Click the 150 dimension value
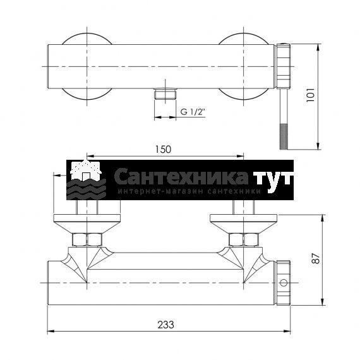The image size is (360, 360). pyautogui.click(x=163, y=150)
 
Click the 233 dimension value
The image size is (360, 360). pyautogui.click(x=165, y=325)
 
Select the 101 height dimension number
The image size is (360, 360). pyautogui.click(x=311, y=95)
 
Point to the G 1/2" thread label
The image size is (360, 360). pyautogui.click(x=193, y=112)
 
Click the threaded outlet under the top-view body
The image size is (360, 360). pyautogui.click(x=165, y=94)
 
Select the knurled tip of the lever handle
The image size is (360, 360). pyautogui.click(x=284, y=136)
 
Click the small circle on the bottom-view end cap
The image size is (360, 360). pyautogui.click(x=284, y=282)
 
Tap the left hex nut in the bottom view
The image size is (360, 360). pyautogui.click(x=87, y=239)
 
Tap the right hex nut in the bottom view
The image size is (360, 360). pyautogui.click(x=244, y=239)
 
